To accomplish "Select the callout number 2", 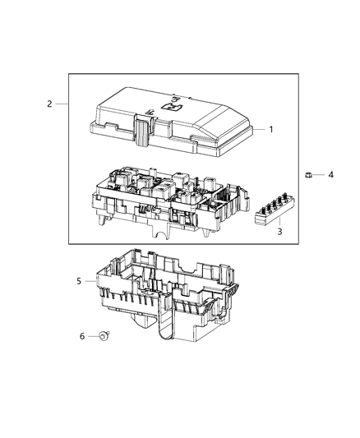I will [x=49, y=104].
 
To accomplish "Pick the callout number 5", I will [x=80, y=282].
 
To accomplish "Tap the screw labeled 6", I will [x=104, y=336].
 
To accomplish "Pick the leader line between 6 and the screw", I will [x=92, y=336].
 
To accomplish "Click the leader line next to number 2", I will [x=61, y=104].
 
